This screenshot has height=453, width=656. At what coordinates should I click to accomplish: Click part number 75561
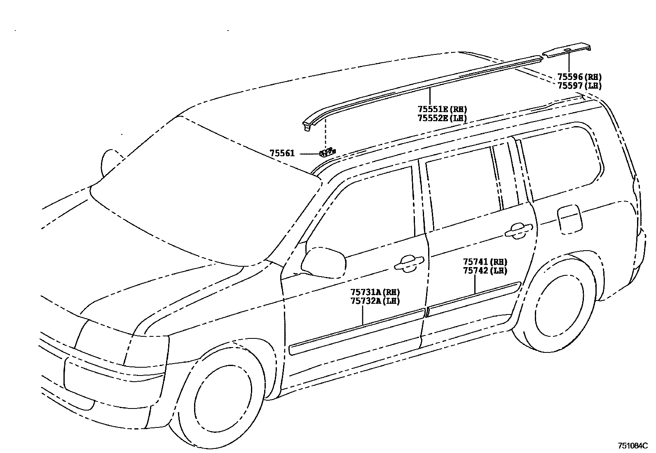point(282,153)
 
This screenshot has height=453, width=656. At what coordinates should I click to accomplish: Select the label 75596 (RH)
point(579,77)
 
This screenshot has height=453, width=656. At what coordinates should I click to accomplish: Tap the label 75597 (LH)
point(579,86)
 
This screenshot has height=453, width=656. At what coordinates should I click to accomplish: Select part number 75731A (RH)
point(375,292)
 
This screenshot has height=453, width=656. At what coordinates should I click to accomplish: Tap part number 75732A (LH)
point(375,301)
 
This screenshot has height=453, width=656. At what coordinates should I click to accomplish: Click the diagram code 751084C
point(633,446)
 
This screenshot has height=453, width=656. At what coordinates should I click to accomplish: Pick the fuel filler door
point(569,218)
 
